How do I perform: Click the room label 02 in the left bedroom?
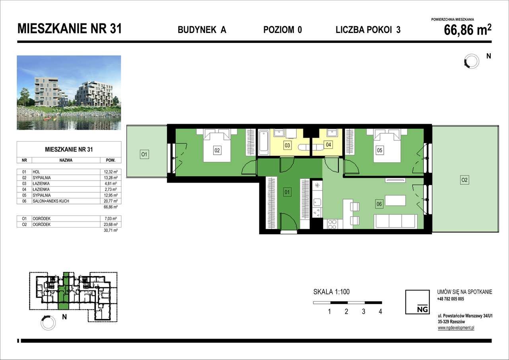217,151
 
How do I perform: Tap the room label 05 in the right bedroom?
380,151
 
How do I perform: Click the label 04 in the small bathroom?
328,145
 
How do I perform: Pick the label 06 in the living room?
379,204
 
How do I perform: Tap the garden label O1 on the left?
144,154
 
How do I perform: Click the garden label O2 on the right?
464,180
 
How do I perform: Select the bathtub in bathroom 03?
263,142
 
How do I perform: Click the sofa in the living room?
396,221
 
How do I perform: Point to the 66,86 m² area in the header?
467,30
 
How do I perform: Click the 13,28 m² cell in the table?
111,177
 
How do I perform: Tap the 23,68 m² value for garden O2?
111,224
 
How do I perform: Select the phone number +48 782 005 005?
451,299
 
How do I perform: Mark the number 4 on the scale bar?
381,312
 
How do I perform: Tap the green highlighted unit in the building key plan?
64,290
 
